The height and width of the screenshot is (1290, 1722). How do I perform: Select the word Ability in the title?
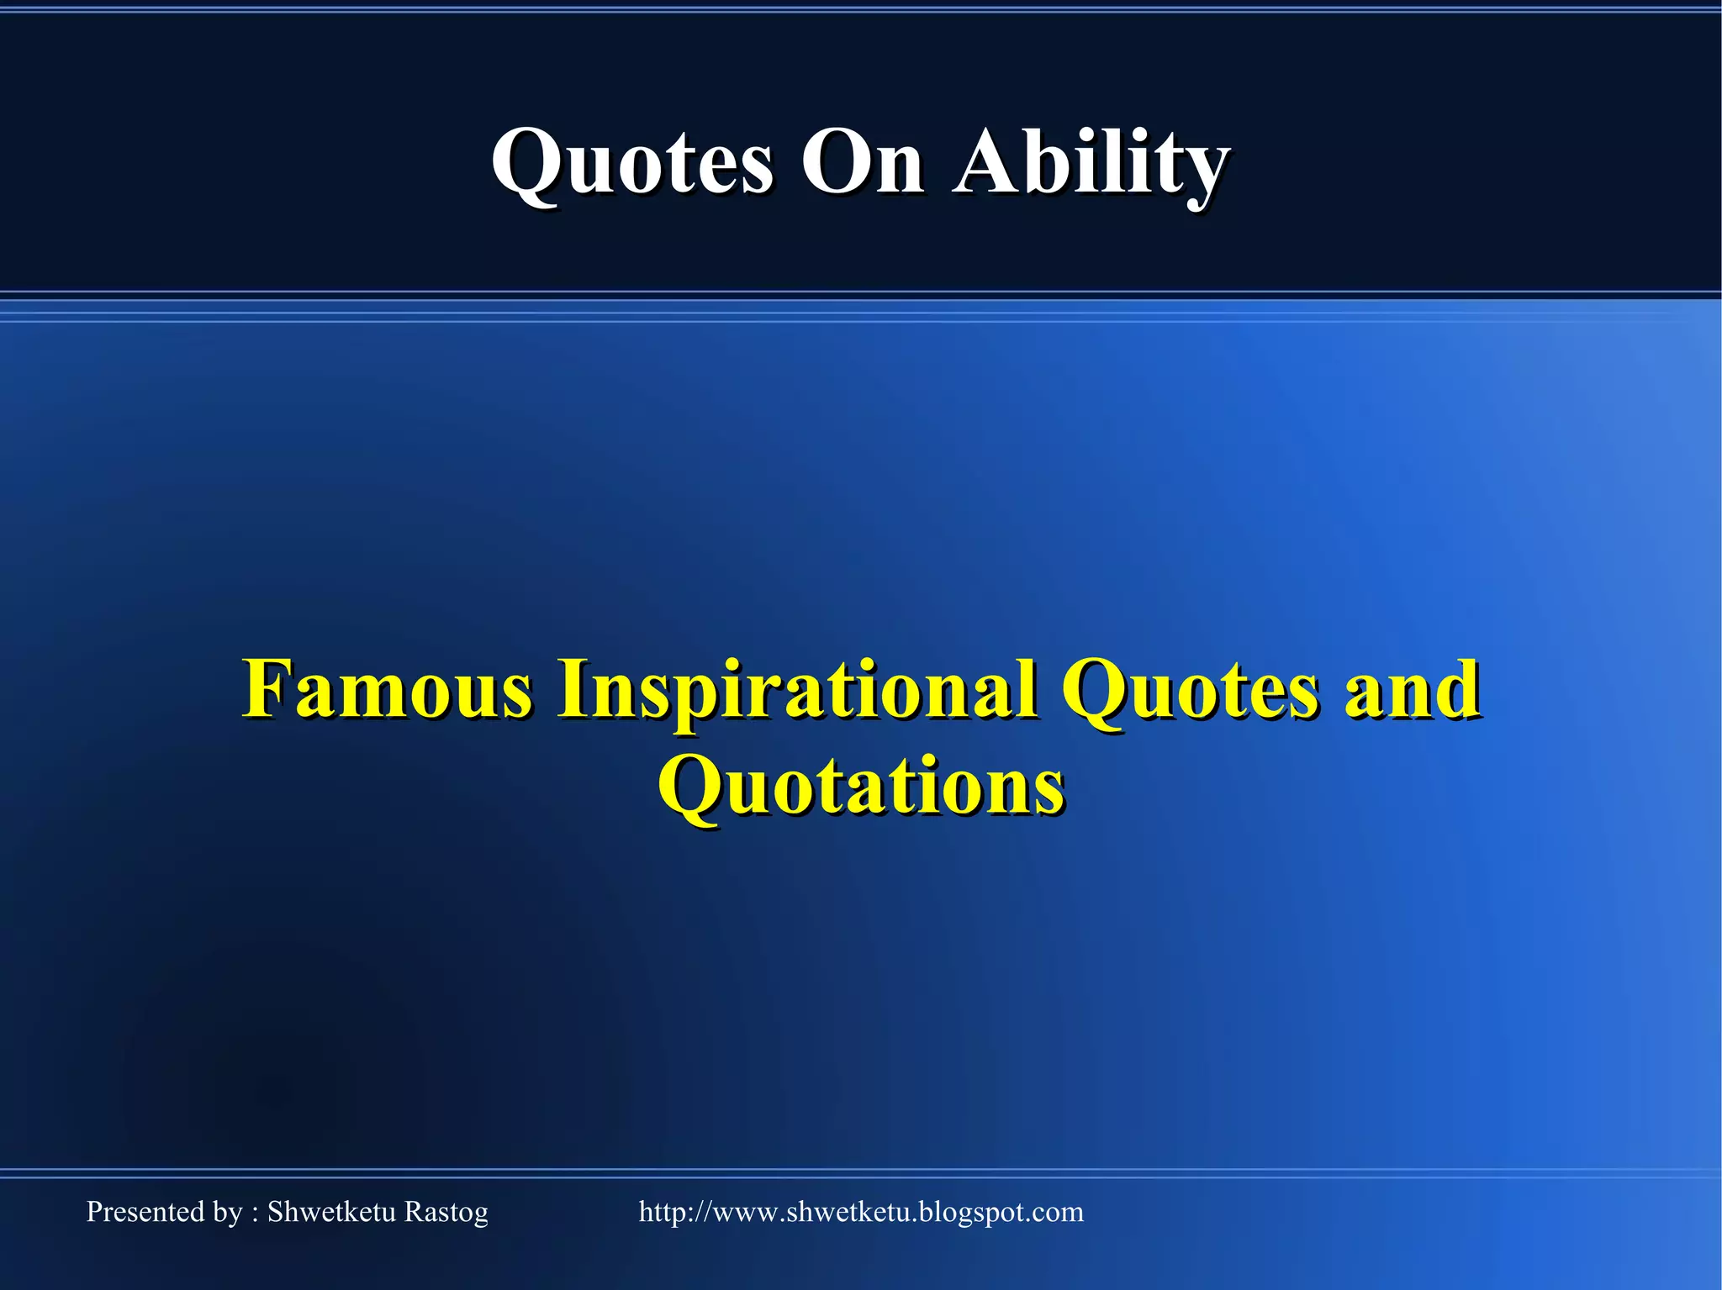coord(1091,164)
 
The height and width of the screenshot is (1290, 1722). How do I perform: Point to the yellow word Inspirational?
coord(796,691)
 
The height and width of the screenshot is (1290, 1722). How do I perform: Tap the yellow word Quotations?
coord(861,786)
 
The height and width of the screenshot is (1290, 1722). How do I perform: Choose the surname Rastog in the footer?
coord(446,1213)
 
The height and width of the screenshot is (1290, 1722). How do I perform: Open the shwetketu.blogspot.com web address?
coord(861,1212)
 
